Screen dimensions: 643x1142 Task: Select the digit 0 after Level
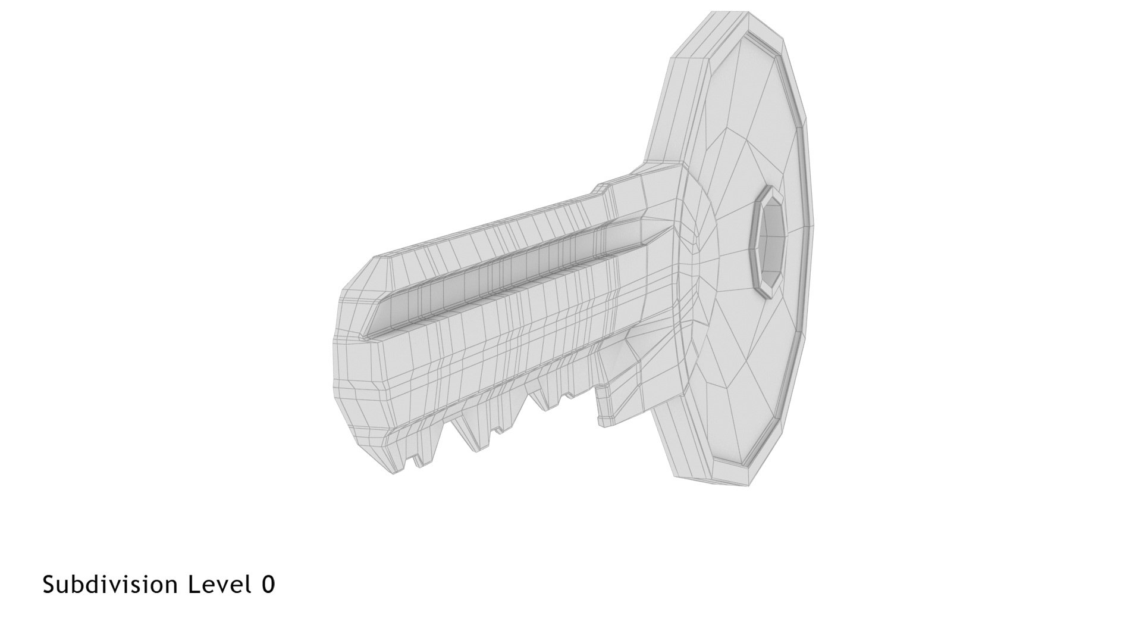point(268,585)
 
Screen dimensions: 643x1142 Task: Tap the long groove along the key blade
point(506,274)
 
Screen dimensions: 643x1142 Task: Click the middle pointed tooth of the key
point(476,438)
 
